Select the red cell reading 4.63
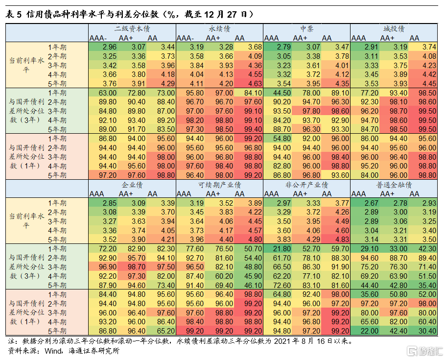click(x=248, y=84)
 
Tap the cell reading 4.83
click(x=335, y=240)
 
